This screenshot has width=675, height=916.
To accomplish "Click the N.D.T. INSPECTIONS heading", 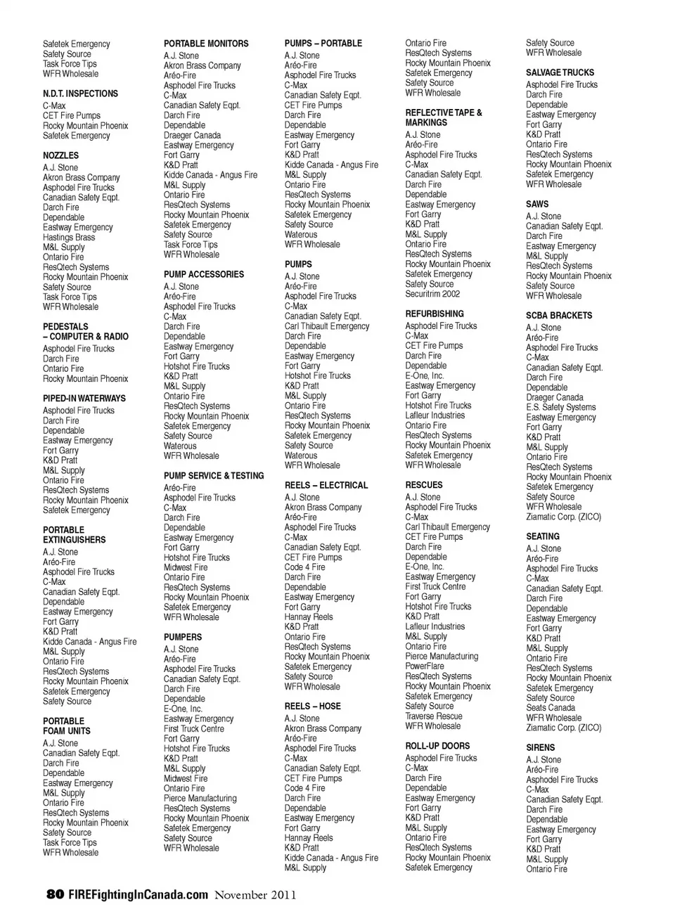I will click(80, 93).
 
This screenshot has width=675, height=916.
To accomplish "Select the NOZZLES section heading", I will click(60, 155).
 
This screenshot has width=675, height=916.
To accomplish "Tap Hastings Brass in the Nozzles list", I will click(69, 238).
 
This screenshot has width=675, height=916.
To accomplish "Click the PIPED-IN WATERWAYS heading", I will click(84, 399).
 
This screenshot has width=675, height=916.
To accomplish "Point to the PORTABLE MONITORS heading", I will click(206, 44).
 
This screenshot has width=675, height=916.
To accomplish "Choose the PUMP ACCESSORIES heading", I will click(204, 275).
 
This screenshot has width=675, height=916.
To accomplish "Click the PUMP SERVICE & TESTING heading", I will click(214, 476).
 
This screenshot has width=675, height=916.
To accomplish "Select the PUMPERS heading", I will click(183, 638).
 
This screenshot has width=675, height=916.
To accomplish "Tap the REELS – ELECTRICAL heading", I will click(326, 486).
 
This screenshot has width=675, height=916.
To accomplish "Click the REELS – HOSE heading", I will click(312, 707).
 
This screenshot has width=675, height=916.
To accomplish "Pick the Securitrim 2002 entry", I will click(432, 295).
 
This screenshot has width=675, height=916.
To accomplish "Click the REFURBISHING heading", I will click(435, 314).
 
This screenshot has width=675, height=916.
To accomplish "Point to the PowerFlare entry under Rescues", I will click(425, 666).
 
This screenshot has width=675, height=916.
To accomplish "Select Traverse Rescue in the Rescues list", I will click(434, 716).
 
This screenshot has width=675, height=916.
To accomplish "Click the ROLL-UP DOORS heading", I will click(437, 747).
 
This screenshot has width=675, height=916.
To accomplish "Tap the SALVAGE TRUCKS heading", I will click(560, 72).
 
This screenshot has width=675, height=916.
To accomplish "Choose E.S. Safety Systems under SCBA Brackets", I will click(560, 407).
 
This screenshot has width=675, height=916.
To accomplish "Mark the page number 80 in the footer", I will click(55, 895).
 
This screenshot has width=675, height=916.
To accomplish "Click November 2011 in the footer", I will click(255, 895).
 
